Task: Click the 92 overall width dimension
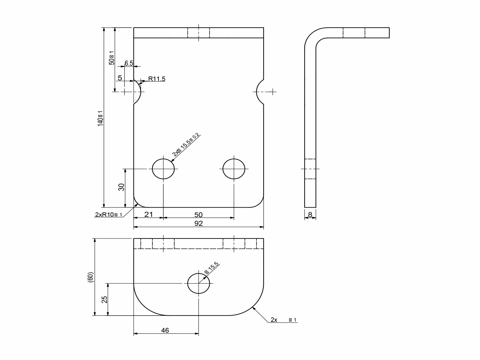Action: point(198,223)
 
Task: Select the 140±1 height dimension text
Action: point(100,118)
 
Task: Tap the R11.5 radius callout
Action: point(157,79)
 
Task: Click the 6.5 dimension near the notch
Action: point(129,63)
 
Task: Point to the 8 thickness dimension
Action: point(310,215)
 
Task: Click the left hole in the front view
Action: point(163,169)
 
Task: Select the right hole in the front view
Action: point(234,169)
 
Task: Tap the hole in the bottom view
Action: point(199,283)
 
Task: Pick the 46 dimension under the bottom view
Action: point(165,330)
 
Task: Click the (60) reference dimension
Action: point(91,277)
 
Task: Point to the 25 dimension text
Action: point(104,299)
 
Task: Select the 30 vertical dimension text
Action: point(121,187)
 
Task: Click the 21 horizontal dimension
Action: point(148,214)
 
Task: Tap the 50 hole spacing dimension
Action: point(198,215)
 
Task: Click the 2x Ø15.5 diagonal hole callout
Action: point(186,145)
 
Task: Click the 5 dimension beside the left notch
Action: point(120,78)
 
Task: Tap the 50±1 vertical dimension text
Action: point(112,58)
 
